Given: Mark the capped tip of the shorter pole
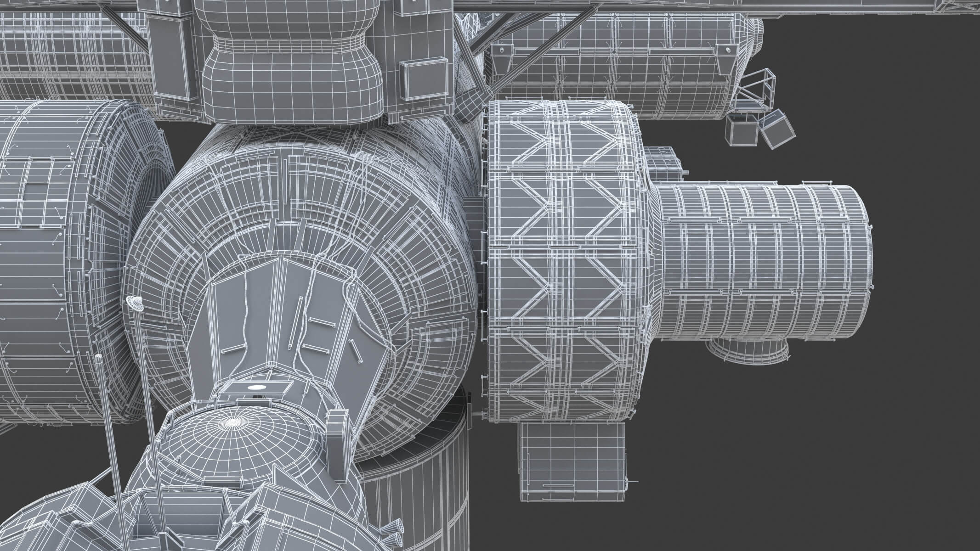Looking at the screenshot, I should point(98,357).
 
